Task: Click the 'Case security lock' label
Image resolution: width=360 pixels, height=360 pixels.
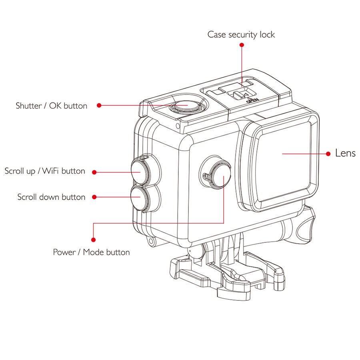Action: point(241,35)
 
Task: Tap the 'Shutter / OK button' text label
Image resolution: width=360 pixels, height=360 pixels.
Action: point(52,106)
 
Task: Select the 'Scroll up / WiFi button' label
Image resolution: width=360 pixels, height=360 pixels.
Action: point(45,171)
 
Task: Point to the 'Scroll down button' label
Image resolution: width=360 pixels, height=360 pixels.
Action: point(51,197)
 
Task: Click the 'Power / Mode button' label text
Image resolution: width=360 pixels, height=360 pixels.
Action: point(91,252)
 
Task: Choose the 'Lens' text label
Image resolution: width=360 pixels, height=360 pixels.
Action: point(345,153)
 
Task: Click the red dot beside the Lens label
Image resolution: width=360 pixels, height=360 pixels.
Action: point(328,154)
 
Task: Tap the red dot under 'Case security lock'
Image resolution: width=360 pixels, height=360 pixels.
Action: point(242,45)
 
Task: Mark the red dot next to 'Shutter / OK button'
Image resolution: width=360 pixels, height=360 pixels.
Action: point(99,105)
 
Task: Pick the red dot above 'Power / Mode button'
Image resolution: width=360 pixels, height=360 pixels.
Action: point(93,240)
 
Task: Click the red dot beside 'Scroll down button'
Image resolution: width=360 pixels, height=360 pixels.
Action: point(94,197)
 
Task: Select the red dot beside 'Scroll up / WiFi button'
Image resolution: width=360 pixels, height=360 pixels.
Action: point(94,172)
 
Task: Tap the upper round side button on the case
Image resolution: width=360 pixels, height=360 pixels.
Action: point(139,170)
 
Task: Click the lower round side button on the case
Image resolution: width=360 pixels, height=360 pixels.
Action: point(138,198)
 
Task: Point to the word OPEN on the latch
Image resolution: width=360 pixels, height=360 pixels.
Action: point(252,100)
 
